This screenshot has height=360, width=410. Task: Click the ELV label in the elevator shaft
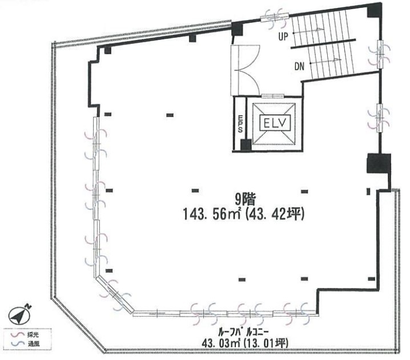(x=275, y=123)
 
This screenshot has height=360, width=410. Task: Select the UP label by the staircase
(x=283, y=36)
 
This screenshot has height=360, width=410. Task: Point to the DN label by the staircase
(x=299, y=66)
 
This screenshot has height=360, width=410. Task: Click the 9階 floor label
(x=245, y=200)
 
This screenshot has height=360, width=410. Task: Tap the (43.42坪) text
(x=275, y=214)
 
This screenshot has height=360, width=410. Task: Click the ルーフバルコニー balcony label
(x=243, y=333)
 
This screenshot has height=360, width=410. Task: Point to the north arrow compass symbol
(x=19, y=315)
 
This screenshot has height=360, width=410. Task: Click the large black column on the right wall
(x=379, y=163)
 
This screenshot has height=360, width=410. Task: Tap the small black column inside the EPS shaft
(x=246, y=145)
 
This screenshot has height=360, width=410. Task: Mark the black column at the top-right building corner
(x=374, y=11)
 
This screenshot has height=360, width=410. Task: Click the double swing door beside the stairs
(x=245, y=70)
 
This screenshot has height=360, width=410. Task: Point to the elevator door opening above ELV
(x=273, y=95)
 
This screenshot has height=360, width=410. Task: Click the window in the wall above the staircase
(x=275, y=17)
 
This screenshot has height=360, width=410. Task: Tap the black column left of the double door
(x=238, y=29)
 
